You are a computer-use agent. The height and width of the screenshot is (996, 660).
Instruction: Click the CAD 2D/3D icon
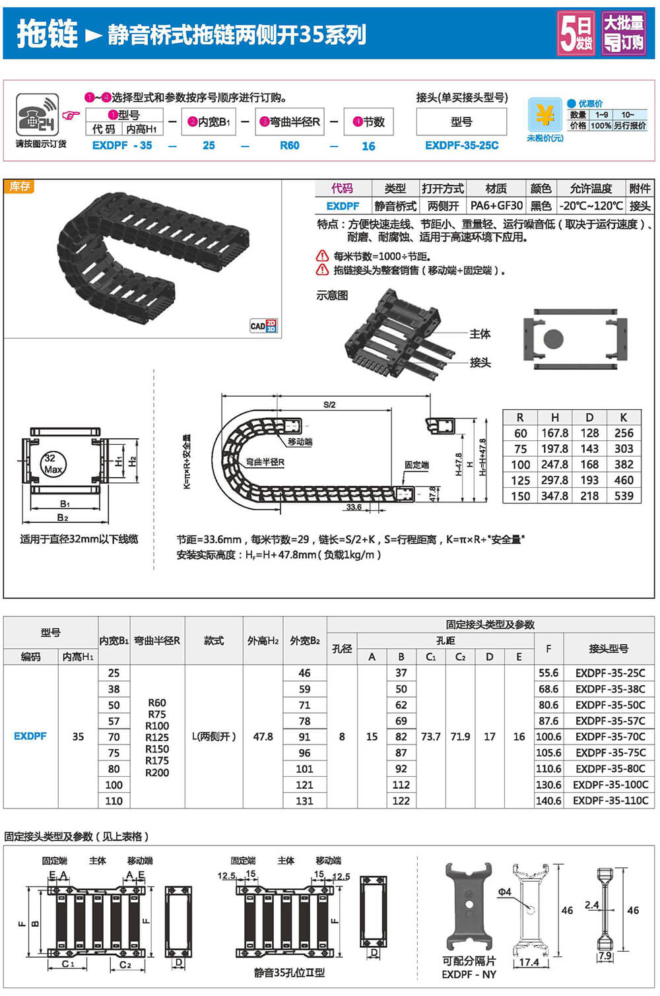point(263,325)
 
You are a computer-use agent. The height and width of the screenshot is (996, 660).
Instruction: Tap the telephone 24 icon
point(37,115)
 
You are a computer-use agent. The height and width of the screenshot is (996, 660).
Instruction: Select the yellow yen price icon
point(544,115)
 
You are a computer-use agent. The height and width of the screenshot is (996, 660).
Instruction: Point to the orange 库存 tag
point(19,187)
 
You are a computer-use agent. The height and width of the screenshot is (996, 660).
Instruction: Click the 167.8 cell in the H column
point(554,433)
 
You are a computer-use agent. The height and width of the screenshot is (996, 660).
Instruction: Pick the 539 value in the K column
point(624,496)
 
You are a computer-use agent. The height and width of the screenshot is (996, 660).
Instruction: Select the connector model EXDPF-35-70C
point(610,737)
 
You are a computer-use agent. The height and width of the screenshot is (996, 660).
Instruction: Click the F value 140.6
point(548,801)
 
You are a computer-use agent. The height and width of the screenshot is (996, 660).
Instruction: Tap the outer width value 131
point(304,801)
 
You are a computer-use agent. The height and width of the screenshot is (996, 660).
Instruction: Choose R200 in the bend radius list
point(157,773)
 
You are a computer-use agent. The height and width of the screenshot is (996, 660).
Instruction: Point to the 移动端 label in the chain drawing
point(300,442)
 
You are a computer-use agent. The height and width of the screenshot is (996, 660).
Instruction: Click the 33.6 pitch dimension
point(354,507)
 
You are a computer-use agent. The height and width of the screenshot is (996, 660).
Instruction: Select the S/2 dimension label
point(329,405)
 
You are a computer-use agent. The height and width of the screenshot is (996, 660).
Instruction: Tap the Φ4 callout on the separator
point(504,892)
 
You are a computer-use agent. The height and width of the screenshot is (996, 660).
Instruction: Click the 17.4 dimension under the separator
point(529,962)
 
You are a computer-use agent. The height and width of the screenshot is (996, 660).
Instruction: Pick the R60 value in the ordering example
point(290,145)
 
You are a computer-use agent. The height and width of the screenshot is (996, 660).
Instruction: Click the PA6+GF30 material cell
point(496,206)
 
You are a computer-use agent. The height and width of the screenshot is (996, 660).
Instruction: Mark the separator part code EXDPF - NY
point(469,974)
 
